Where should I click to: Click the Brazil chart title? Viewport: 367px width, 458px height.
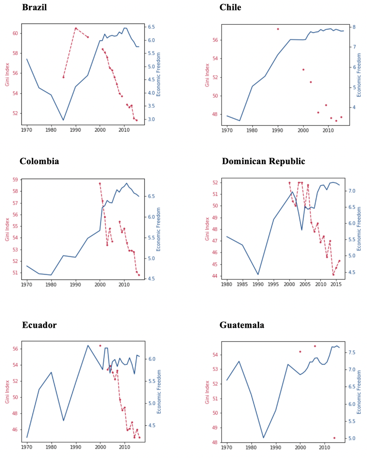[34, 8]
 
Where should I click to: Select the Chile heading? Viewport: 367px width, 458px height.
[230, 8]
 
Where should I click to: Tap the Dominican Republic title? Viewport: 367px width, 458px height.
[264, 161]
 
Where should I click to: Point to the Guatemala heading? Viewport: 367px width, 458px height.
[242, 325]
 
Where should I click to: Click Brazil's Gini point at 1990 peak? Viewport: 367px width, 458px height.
[76, 28]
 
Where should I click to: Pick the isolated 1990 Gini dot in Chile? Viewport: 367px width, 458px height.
[278, 29]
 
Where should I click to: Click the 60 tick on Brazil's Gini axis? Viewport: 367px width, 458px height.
[16, 33]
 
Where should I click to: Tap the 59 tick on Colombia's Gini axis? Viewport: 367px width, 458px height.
[16, 179]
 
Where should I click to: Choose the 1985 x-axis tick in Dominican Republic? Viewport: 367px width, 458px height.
[243, 284]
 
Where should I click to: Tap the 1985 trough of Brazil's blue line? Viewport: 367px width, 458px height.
[63, 120]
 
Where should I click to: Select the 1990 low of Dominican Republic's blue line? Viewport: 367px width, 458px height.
[258, 274]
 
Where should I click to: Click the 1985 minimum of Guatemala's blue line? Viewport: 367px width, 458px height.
[264, 438]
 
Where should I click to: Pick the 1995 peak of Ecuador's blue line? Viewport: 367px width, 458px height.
[88, 345]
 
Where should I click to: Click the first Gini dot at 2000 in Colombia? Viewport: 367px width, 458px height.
[100, 184]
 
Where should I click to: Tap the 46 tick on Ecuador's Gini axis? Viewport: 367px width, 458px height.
[16, 429]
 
